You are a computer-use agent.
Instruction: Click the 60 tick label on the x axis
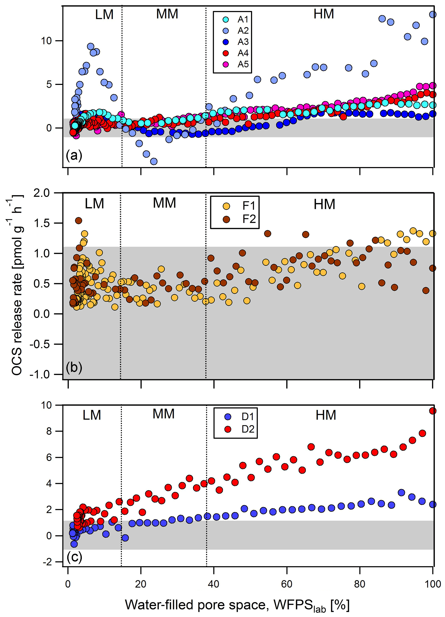point(287,584)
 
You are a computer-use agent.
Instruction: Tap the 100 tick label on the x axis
point(433,584)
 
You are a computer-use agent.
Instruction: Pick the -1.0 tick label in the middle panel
point(40,374)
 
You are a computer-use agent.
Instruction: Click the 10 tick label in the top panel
point(46,41)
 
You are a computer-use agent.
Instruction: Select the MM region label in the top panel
point(167,14)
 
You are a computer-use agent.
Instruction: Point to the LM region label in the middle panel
point(94,204)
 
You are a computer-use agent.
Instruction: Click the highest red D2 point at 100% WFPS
point(433,411)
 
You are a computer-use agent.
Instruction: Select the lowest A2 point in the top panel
point(154,162)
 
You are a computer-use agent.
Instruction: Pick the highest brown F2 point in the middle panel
point(79,220)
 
